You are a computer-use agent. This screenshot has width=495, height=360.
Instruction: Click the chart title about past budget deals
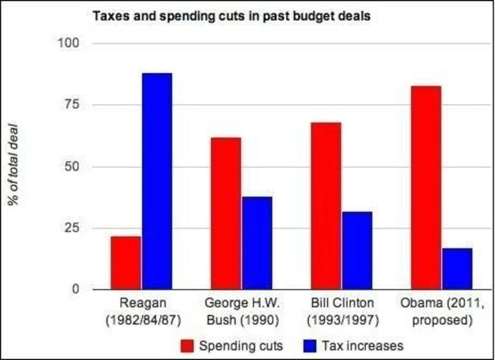pyautogui.click(x=231, y=16)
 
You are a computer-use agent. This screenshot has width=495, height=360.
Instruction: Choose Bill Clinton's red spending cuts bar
pyautogui.click(x=326, y=206)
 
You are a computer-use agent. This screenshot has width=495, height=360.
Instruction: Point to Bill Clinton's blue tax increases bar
pyautogui.click(x=357, y=250)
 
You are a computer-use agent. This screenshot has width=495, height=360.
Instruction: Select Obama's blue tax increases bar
pyautogui.click(x=457, y=268)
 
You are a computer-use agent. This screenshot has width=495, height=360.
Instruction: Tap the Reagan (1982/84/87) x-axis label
pyautogui.click(x=141, y=312)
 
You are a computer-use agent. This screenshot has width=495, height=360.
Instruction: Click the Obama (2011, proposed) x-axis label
pyautogui.click(x=442, y=312)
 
